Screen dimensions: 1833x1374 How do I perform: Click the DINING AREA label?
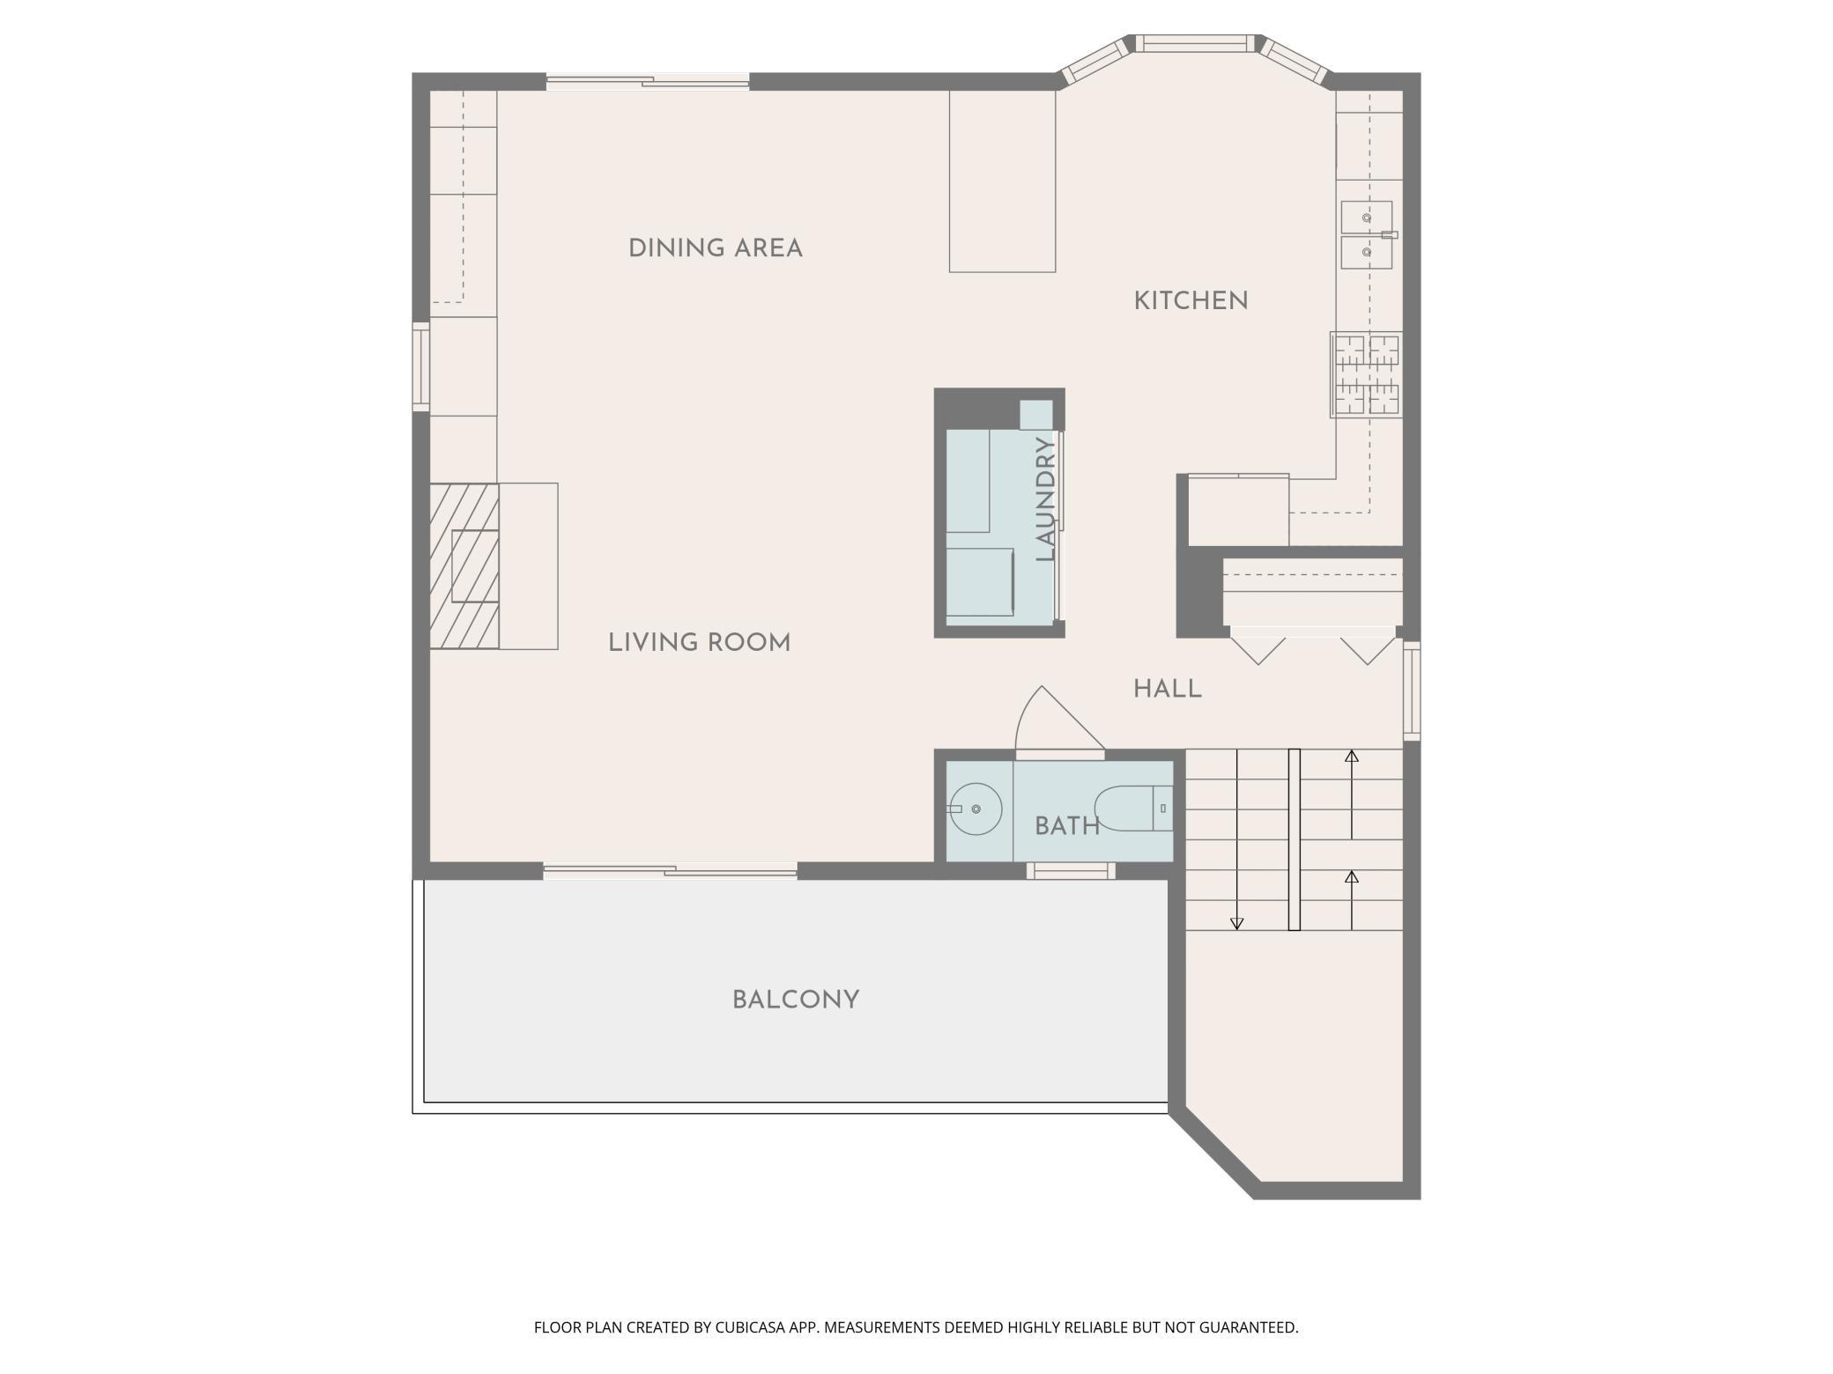click(716, 248)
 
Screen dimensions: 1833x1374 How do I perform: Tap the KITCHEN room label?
click(1191, 301)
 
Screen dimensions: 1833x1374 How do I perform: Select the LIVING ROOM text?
click(700, 643)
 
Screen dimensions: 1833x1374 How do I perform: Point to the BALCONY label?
click(796, 1000)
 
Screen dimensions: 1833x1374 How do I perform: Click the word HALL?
click(1168, 689)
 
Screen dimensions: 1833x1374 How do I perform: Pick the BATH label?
click(1067, 826)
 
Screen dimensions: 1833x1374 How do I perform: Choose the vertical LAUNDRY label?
click(1046, 499)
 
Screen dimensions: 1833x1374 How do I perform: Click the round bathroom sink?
click(976, 809)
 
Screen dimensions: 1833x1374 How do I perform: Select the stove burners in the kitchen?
click(1366, 374)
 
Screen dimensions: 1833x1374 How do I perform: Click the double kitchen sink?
click(1367, 235)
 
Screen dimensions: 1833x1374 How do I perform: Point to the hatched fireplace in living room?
click(464, 566)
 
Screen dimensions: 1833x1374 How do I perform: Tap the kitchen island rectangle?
click(1002, 181)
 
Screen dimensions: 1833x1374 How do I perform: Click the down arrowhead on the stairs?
click(1236, 924)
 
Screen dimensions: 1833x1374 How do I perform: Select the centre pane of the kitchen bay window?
click(1194, 43)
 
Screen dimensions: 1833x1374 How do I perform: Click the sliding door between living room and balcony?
click(671, 872)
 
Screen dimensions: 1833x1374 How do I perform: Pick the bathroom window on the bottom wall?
click(1071, 871)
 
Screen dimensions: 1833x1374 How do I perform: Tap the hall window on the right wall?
click(1412, 691)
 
